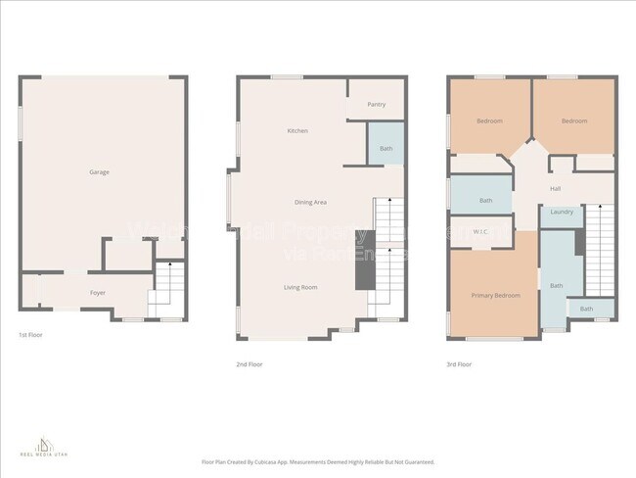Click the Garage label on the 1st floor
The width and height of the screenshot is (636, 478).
[x=99, y=172]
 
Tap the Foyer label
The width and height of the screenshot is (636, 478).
[x=98, y=293]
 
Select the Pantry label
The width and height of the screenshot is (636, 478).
[x=377, y=105]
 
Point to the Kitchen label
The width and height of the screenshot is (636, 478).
[x=297, y=131]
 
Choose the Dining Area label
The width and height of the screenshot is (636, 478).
[x=310, y=202]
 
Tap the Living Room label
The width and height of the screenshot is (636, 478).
[x=300, y=287]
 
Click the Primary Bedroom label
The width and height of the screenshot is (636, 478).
[x=495, y=295]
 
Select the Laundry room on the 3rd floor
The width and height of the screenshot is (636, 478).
[x=562, y=213]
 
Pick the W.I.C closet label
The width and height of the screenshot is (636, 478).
[x=480, y=232]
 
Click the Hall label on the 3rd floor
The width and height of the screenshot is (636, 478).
[x=555, y=189]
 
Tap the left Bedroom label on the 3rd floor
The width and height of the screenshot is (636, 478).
[x=489, y=121]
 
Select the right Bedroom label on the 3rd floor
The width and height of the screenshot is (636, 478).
[x=574, y=121]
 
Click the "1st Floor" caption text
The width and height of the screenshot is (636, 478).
[x=29, y=335]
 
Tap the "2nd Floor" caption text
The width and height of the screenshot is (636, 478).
[x=249, y=364]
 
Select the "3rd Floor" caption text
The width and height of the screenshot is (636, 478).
[x=458, y=364]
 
